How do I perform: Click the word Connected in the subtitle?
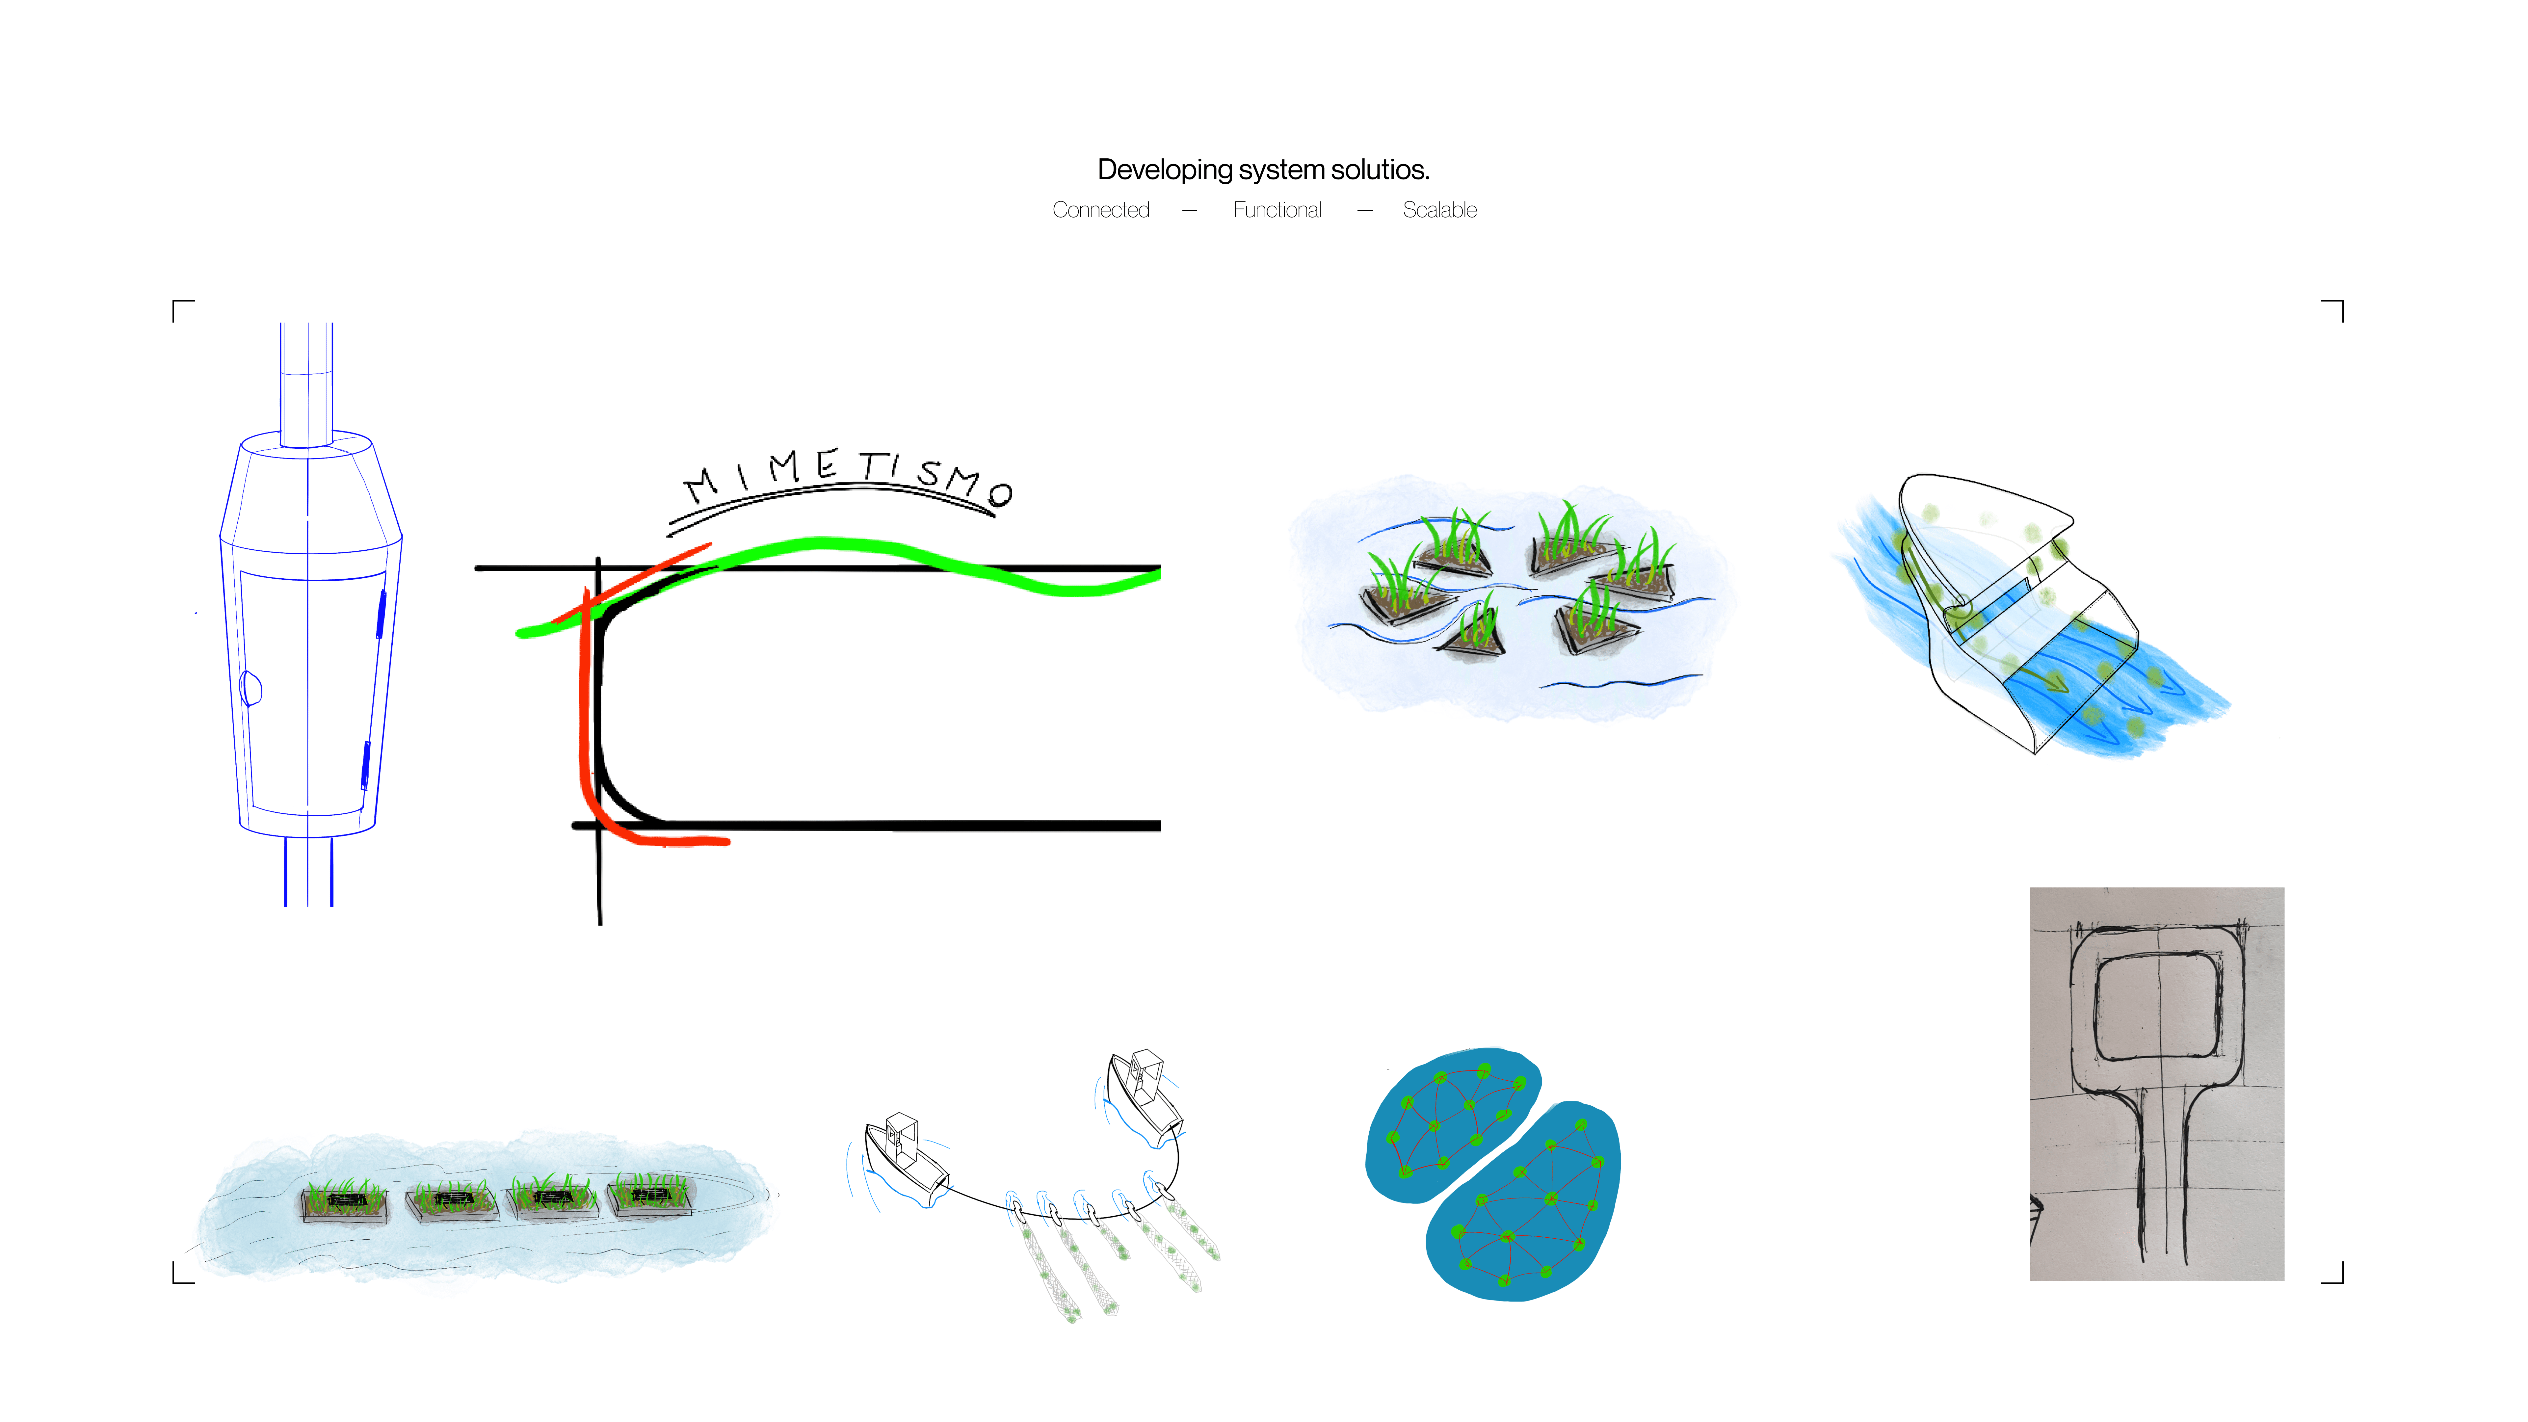tap(1100, 210)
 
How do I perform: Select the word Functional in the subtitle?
tap(1277, 210)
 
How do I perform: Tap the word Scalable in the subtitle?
tap(1439, 210)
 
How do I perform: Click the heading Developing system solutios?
tap(1263, 170)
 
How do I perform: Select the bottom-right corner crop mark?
tap(2334, 1274)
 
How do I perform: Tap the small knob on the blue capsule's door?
tap(251, 687)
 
